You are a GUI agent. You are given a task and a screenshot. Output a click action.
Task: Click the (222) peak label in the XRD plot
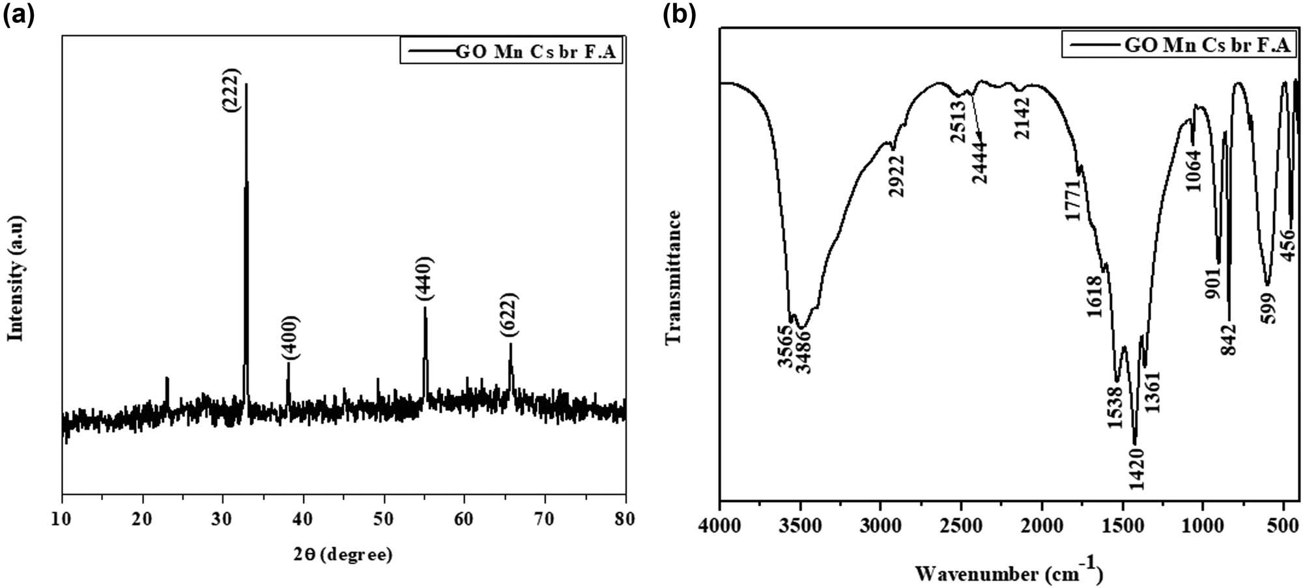pyautogui.click(x=232, y=91)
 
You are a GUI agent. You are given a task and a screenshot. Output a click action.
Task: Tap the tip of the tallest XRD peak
pyautogui.click(x=246, y=85)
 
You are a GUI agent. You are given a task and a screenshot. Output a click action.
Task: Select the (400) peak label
pyautogui.click(x=290, y=338)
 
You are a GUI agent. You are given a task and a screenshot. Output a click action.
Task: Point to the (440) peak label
pyautogui.click(x=424, y=279)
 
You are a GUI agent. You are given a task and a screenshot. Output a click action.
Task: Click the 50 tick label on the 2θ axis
pyautogui.click(x=384, y=519)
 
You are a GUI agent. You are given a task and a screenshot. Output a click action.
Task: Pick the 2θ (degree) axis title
pyautogui.click(x=344, y=555)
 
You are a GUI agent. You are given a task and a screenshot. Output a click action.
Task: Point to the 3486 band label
pyautogui.click(x=803, y=352)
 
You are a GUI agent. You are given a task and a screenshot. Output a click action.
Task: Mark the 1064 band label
pyautogui.click(x=1194, y=171)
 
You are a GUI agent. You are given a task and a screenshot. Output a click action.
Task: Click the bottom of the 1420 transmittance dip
pyautogui.click(x=1135, y=443)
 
